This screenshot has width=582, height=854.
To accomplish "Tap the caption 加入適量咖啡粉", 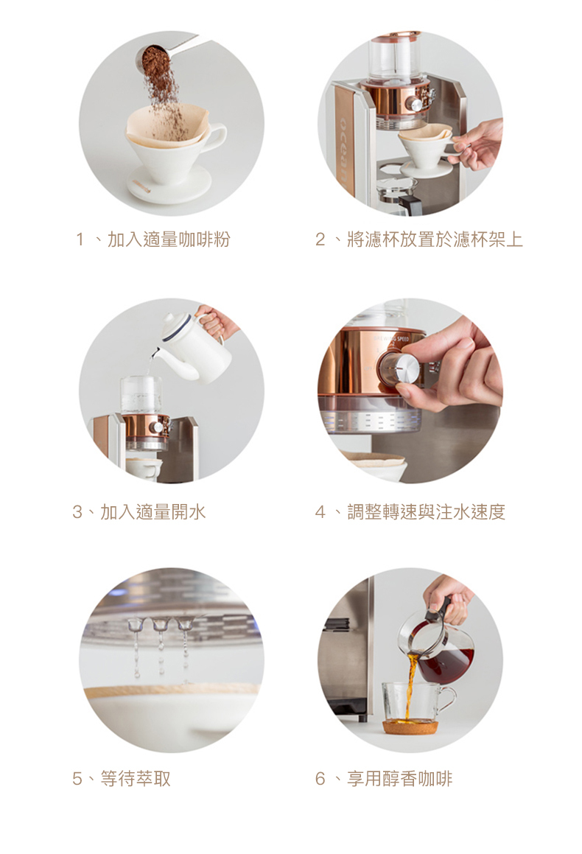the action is (x=169, y=239).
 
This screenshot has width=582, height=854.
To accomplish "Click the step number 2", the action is (x=320, y=239).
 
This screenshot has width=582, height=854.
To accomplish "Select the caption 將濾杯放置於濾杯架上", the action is (x=435, y=239).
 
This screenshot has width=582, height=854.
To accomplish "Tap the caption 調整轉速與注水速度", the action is (x=427, y=512).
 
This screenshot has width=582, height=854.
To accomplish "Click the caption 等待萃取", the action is (x=136, y=779).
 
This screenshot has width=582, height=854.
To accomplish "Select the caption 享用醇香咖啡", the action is (x=399, y=779).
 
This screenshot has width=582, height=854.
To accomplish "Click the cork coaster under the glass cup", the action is (x=410, y=727).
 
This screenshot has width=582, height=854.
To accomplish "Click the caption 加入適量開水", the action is (x=153, y=512).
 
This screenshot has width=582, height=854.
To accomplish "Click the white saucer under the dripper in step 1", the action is (x=169, y=185).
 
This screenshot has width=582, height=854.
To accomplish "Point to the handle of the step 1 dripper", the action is (x=216, y=139).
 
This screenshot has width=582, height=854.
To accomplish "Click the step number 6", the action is (x=320, y=779).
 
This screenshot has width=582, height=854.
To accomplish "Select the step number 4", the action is (x=320, y=512).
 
